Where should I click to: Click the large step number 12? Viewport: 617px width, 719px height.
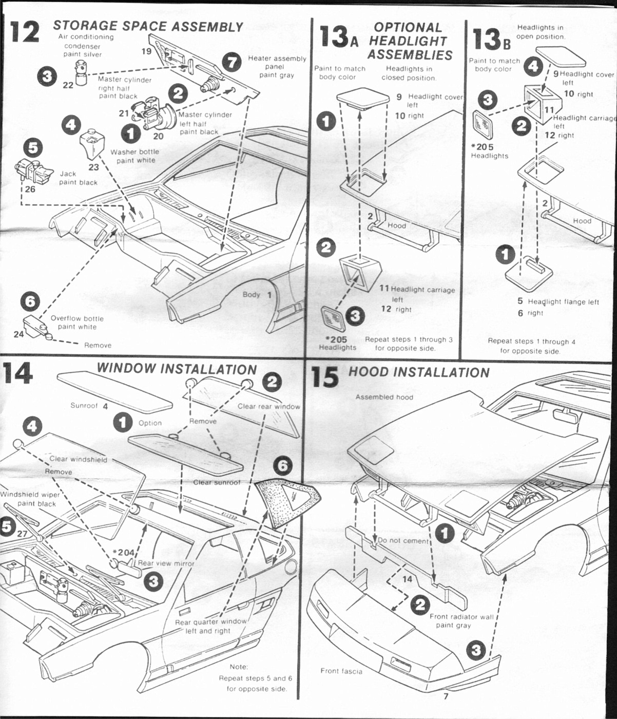(x=24, y=32)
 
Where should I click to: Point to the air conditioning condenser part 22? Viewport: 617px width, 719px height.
(x=81, y=72)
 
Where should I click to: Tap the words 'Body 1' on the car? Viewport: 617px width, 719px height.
(x=257, y=295)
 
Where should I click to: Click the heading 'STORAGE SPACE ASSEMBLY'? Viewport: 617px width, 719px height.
(x=148, y=26)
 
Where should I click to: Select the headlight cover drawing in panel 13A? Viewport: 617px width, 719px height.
(x=363, y=98)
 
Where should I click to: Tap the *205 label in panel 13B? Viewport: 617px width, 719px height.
(x=482, y=147)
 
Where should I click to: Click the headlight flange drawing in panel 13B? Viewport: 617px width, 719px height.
(x=529, y=273)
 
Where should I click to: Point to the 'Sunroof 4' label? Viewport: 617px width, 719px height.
(x=89, y=406)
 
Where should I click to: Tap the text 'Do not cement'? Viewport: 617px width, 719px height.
(x=402, y=541)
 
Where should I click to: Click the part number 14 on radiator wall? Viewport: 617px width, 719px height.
(x=407, y=579)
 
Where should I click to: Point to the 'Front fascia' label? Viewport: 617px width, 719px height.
(x=341, y=671)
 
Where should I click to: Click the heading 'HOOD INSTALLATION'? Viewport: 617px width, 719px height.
(x=419, y=372)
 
